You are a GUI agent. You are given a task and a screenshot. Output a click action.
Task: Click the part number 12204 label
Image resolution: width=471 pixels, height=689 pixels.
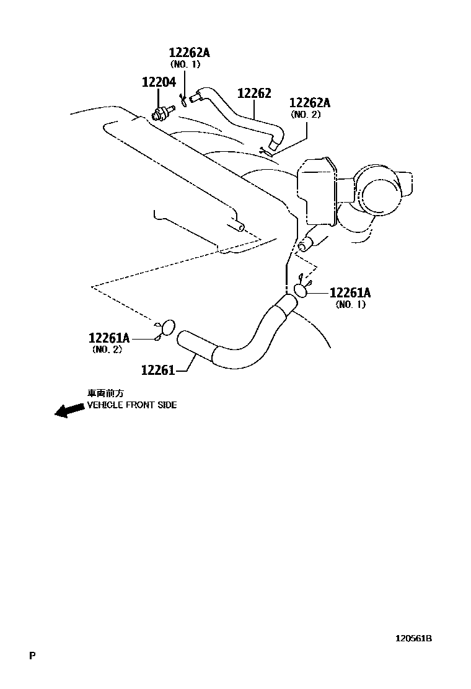pos(159,82)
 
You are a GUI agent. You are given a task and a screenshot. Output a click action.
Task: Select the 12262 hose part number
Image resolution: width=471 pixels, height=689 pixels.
pos(254,93)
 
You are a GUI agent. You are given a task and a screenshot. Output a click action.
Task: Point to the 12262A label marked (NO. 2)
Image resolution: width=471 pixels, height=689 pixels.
pos(309,103)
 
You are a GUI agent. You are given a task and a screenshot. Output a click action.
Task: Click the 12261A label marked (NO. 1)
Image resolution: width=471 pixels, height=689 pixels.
pos(350,292)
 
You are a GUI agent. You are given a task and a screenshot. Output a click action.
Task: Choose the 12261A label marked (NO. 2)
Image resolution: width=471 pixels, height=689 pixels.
pos(109,338)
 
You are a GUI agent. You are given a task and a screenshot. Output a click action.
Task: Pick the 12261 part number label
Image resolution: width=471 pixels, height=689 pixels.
pos(157,370)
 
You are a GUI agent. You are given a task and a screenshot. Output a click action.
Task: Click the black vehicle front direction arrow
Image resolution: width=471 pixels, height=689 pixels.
pos(69,410)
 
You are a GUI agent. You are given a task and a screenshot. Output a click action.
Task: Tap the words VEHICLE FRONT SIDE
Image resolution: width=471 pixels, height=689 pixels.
pos(131,405)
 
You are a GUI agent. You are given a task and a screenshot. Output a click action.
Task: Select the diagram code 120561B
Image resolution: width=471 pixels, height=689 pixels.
pos(414,638)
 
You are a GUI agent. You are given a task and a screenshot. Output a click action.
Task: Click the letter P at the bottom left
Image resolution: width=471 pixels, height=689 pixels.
pos(32,655)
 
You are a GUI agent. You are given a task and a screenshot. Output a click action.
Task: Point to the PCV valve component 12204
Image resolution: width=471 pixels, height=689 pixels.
pos(162,113)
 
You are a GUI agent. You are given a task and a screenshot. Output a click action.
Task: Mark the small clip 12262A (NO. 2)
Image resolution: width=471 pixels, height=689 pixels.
pos(266,149)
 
